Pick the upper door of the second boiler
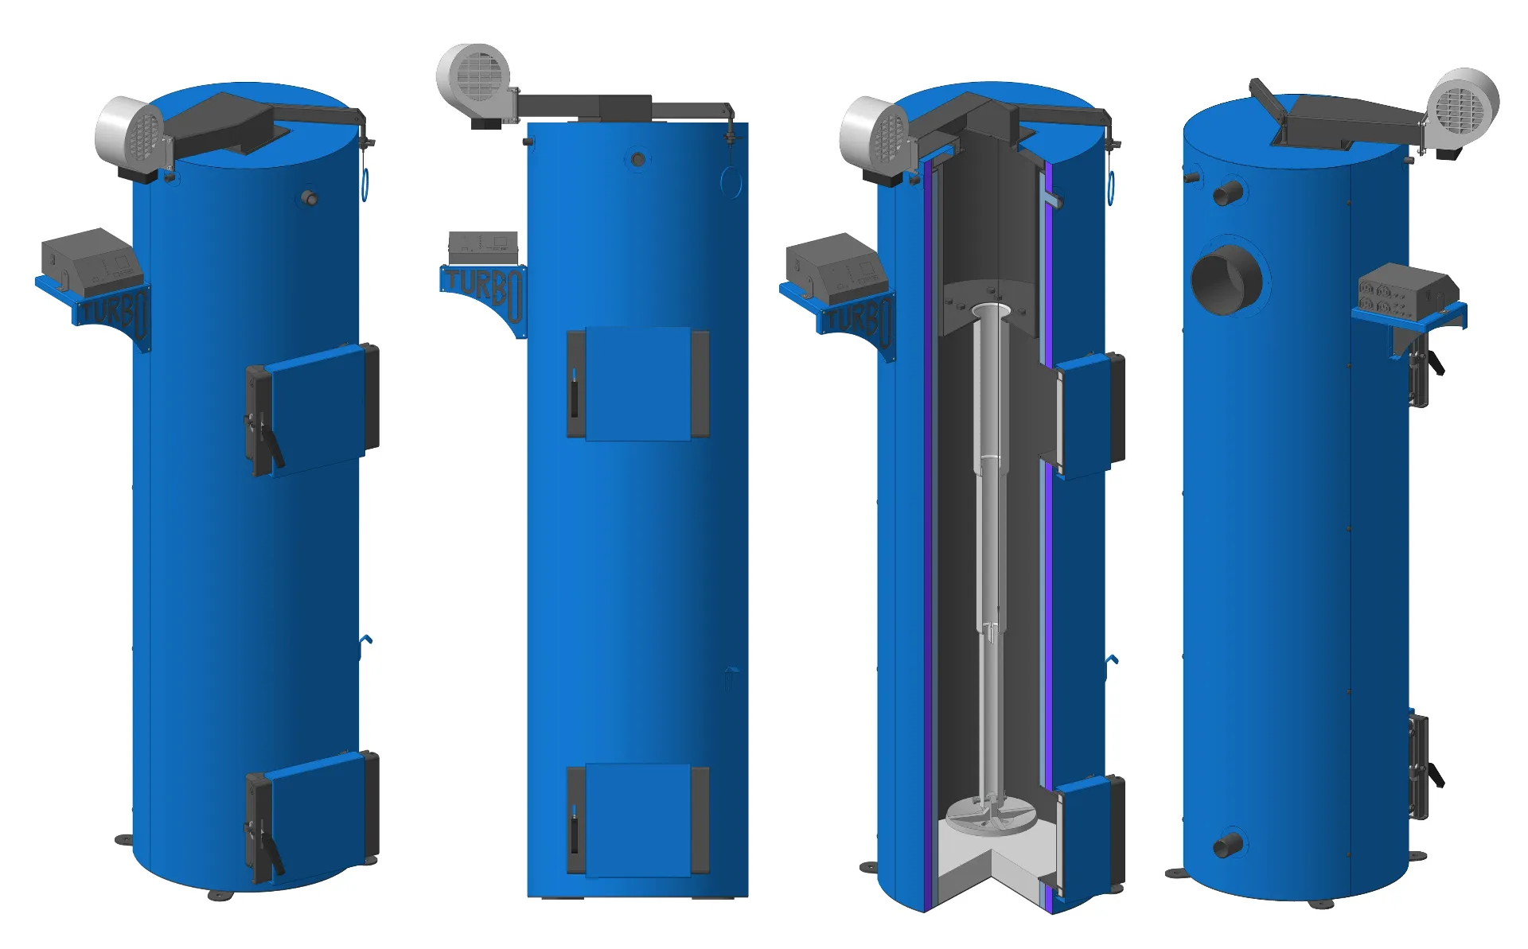click(637, 383)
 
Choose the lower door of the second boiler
click(637, 820)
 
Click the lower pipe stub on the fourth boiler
click(1227, 845)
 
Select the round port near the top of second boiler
click(637, 160)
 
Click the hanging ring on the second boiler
click(730, 181)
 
